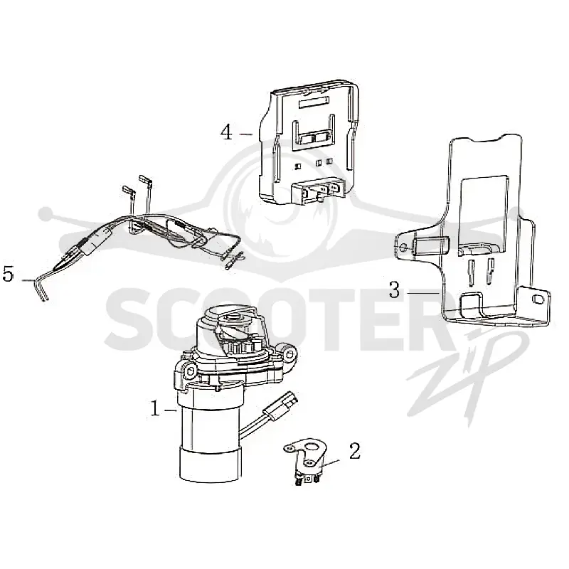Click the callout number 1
point(155,409)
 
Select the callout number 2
point(354,451)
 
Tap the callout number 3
point(394,290)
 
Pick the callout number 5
point(8,275)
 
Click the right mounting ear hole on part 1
point(289,353)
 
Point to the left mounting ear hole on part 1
point(188,371)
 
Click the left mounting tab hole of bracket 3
point(403,248)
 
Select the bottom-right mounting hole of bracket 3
point(537,299)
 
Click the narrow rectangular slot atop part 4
point(313,102)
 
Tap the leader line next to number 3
point(422,292)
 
